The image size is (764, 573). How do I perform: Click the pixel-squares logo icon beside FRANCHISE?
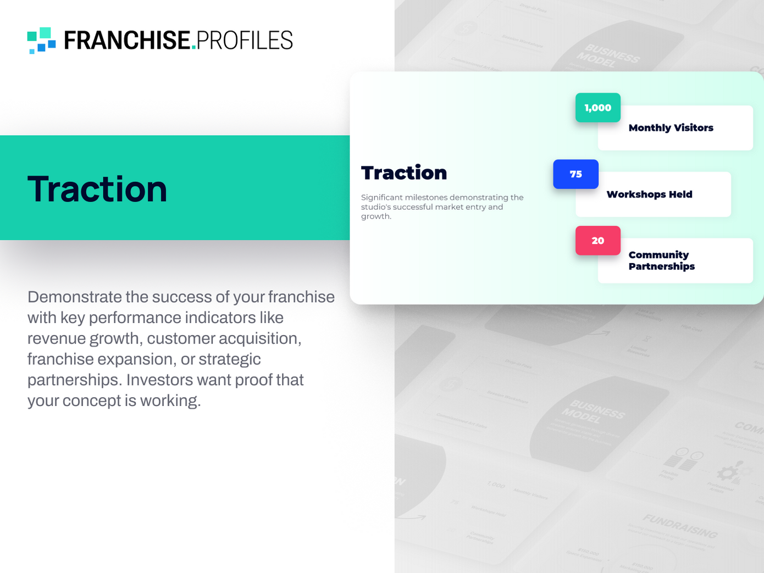click(42, 40)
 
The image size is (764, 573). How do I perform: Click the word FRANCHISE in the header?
click(127, 41)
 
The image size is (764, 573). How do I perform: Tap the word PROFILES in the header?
click(244, 41)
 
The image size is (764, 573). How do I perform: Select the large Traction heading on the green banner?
click(97, 189)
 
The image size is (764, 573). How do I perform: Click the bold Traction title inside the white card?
click(404, 173)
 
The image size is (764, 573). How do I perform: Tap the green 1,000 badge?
click(597, 108)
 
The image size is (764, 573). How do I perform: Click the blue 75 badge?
click(575, 174)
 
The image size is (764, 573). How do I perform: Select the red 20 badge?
click(597, 241)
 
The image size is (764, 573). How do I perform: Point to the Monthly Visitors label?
click(671, 128)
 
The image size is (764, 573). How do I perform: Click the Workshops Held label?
click(649, 194)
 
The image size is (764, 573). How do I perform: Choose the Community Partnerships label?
click(661, 260)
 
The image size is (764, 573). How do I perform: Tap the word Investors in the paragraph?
click(160, 380)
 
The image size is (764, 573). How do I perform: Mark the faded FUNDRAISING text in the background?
click(680, 526)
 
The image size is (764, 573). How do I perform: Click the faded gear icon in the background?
click(729, 472)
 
